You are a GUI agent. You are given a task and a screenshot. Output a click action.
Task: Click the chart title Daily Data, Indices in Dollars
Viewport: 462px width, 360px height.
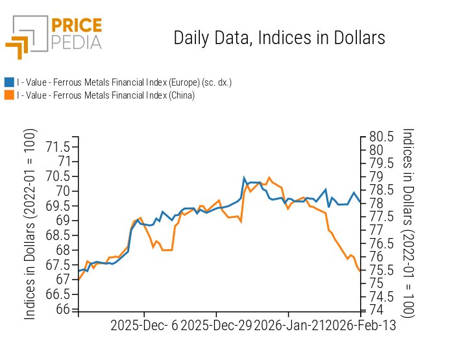coord(279,38)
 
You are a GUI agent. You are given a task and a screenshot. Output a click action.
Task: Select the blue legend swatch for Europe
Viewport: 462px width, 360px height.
coord(9,82)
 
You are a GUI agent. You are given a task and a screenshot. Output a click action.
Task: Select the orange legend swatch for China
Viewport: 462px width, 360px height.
coord(9,95)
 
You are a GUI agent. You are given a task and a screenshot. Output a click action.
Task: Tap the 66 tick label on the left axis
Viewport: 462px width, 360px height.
coord(64,309)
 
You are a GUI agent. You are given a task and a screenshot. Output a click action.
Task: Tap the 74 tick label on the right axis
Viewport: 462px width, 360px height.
coord(376,310)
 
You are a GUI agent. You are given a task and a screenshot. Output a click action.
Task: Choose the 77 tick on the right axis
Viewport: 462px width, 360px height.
coord(376,230)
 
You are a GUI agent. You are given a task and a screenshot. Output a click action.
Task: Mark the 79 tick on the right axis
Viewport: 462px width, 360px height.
coord(376,176)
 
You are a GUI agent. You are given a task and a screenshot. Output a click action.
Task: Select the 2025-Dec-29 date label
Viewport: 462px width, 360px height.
coord(215,325)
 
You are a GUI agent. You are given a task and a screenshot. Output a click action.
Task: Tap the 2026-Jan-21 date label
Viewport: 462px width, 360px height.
coord(286,325)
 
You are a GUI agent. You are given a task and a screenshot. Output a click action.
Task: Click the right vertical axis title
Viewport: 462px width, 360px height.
coord(408,222)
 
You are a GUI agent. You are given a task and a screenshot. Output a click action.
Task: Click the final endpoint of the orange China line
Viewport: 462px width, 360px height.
coord(360,271)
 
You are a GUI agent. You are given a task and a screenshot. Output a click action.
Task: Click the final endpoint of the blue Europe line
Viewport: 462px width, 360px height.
coord(360,203)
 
